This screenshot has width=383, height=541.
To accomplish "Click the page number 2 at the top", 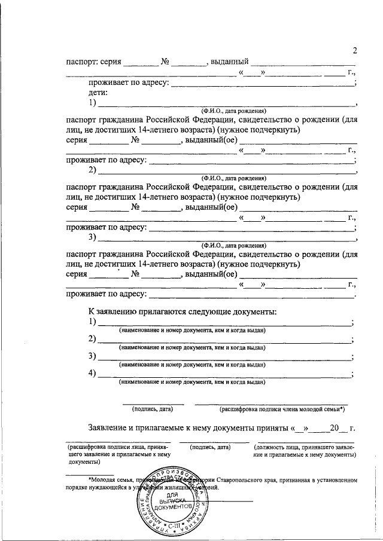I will [x=355, y=50].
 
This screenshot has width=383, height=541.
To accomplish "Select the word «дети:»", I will [x=98, y=93].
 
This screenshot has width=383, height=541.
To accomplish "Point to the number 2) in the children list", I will [x=93, y=170].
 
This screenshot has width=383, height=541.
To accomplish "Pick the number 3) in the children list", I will [x=93, y=237].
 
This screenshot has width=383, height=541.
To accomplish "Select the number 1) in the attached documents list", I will [x=93, y=322].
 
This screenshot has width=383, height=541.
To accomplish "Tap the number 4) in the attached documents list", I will [x=93, y=374].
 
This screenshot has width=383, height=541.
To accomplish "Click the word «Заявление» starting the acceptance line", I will [x=109, y=428].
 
